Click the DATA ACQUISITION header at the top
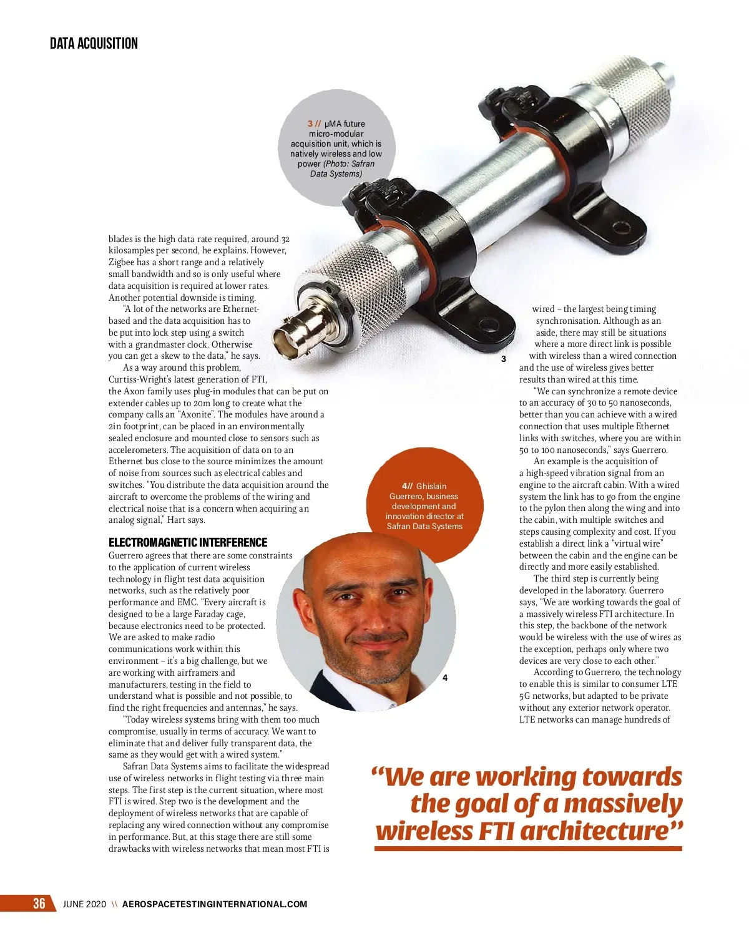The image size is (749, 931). pyautogui.click(x=94, y=43)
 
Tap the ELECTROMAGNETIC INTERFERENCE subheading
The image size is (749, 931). pyautogui.click(x=188, y=542)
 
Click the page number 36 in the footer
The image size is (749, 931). pyautogui.click(x=39, y=904)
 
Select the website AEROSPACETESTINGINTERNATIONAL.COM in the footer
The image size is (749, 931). pyautogui.click(x=215, y=904)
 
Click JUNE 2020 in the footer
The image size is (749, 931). pyautogui.click(x=85, y=904)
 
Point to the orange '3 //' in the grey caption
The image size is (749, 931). pyautogui.click(x=314, y=124)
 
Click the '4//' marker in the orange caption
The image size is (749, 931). pyautogui.click(x=407, y=486)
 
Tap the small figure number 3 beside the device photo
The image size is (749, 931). pyautogui.click(x=504, y=359)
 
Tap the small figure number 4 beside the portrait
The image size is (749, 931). pyautogui.click(x=445, y=678)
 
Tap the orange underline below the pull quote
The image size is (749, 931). pyautogui.click(x=528, y=849)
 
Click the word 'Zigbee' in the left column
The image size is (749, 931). pyautogui.click(x=122, y=263)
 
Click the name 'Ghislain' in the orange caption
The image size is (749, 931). pyautogui.click(x=431, y=486)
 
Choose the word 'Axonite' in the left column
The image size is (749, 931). pyautogui.click(x=195, y=415)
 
